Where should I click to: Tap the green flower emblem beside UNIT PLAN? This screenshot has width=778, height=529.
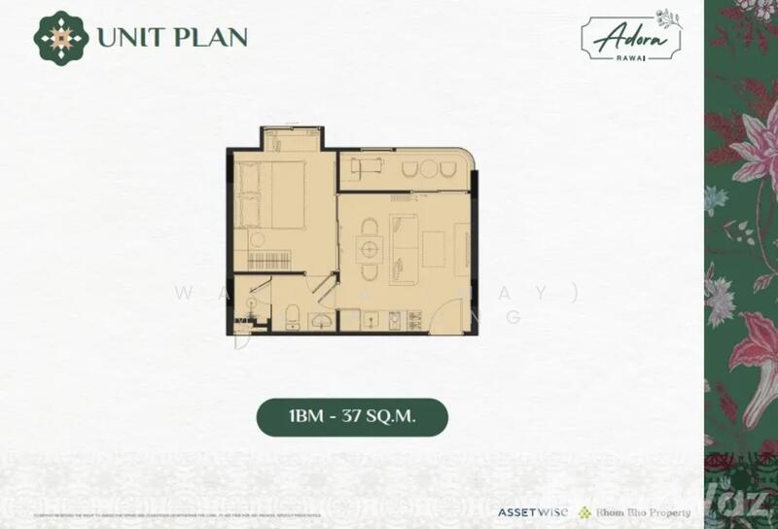(60, 36)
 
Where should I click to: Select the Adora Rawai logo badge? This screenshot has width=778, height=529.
(631, 37)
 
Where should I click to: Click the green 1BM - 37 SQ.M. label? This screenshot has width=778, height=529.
(351, 416)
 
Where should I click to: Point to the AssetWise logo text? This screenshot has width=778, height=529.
(533, 511)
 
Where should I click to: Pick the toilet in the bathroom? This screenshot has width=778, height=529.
(292, 313)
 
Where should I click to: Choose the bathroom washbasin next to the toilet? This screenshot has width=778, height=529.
(320, 321)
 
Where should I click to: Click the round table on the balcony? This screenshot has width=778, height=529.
(429, 169)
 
